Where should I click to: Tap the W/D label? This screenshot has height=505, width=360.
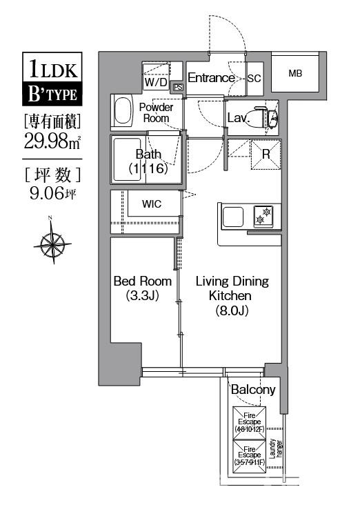[155, 82]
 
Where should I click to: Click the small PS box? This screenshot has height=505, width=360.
[178, 88]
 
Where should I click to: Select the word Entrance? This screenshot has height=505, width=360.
[211, 78]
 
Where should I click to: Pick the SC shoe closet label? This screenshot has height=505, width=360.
[254, 79]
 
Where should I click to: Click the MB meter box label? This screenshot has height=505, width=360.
[294, 73]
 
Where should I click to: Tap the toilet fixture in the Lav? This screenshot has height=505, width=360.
[264, 118]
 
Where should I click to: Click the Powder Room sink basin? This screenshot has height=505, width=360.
[123, 111]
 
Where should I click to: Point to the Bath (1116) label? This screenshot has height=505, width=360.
[148, 161]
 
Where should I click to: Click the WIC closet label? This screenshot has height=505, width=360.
[152, 204]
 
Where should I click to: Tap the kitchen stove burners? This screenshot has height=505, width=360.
[264, 215]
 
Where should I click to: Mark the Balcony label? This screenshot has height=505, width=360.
[252, 390]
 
